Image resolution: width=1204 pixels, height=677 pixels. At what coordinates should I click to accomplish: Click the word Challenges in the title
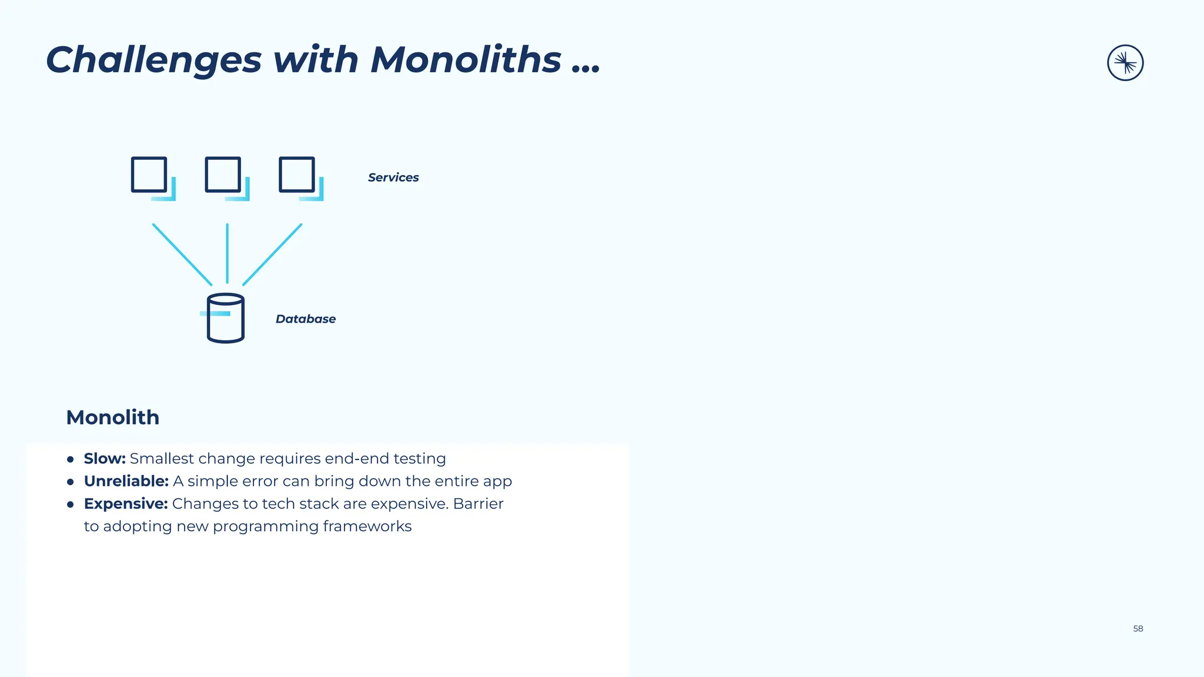pos(153,60)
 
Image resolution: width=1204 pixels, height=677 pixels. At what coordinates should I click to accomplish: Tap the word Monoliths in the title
pos(466,60)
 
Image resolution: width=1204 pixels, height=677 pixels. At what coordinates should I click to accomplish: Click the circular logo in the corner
pos(1125,63)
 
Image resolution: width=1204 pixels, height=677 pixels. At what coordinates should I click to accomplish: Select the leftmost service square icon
pos(149,175)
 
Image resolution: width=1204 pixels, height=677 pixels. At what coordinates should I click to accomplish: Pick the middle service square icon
pos(223,175)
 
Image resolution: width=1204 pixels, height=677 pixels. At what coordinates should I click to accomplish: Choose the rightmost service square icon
pos(297,175)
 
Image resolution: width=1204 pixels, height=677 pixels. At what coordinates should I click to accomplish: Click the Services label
pos(393,177)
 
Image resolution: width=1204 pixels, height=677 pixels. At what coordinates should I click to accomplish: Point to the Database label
pos(306,319)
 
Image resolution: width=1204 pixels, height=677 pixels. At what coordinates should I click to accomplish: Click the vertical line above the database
pos(227,253)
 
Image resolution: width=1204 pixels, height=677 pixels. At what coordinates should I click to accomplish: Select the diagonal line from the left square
pos(182,254)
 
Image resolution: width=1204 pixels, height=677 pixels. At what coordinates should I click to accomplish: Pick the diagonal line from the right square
pos(272,254)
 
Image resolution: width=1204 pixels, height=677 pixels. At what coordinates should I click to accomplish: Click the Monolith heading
pos(113,417)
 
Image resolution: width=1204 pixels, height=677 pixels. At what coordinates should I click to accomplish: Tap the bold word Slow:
pos(105,458)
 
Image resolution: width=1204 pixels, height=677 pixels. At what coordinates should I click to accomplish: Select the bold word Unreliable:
pos(126,481)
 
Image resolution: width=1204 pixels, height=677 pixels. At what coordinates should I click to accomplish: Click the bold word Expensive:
pos(126,504)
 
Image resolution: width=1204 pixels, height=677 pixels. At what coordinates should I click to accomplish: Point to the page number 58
pos(1138,629)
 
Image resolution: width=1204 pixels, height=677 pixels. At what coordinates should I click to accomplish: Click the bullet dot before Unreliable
pos(71,482)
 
